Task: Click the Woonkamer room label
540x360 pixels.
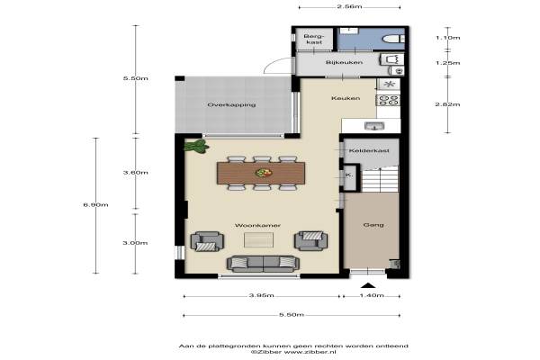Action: click(257, 225)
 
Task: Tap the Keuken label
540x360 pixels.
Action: click(346, 98)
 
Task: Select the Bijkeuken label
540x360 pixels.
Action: click(344, 62)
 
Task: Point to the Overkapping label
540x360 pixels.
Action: click(231, 104)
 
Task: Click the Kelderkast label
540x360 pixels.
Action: click(369, 150)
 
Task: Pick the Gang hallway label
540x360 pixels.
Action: click(373, 225)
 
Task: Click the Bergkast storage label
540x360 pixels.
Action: click(314, 39)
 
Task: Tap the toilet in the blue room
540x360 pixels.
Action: click(393, 39)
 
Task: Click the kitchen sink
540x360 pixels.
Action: click(374, 126)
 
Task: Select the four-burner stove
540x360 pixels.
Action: click(389, 100)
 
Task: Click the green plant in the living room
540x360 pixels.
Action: click(196, 147)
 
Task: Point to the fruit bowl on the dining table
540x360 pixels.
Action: click(264, 173)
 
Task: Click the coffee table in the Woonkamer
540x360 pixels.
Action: click(258, 239)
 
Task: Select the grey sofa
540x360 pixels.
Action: click(263, 264)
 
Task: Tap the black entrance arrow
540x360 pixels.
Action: click(368, 285)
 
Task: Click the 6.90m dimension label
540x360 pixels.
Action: click(95, 204)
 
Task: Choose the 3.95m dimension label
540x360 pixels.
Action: click(261, 295)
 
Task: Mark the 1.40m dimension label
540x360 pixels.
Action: click(372, 295)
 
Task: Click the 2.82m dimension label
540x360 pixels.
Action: click(447, 104)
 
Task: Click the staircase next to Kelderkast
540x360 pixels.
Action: click(380, 179)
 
